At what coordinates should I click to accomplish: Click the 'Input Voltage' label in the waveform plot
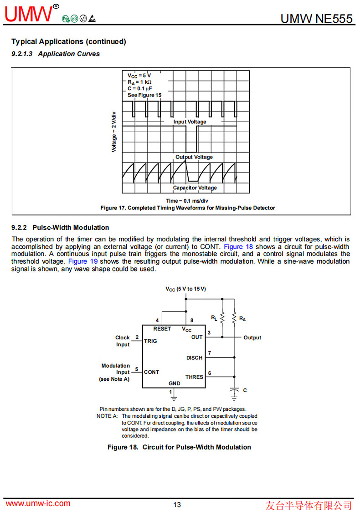tap(190, 122)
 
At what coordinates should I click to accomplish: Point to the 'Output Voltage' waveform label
tap(194, 157)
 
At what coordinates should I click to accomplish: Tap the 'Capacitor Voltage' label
tap(195, 188)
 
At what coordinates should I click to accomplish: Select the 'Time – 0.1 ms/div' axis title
tap(187, 201)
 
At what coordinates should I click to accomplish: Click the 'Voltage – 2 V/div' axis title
tap(114, 132)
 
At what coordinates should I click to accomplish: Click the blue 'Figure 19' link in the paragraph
tap(82, 261)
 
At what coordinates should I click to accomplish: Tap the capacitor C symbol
tap(234, 391)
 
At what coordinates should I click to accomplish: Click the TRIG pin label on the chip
tap(150, 341)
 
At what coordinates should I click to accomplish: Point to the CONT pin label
tap(151, 372)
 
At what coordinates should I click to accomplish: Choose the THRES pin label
tap(194, 377)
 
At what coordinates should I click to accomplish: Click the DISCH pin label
tap(194, 358)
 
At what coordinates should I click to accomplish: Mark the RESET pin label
tap(162, 329)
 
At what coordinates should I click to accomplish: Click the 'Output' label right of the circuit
tap(252, 338)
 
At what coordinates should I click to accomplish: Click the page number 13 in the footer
tap(177, 505)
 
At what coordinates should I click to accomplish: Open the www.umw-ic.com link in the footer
tap(38, 503)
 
